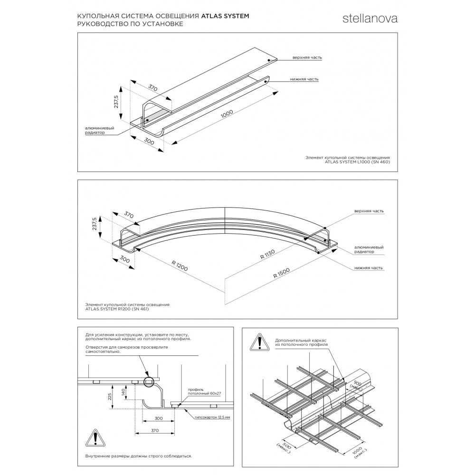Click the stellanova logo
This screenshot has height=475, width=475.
pos(370,19)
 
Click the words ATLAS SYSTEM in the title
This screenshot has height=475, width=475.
pos(225,16)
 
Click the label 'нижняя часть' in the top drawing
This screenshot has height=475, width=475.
pos(304,79)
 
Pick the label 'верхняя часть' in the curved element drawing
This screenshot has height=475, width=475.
pos(369,210)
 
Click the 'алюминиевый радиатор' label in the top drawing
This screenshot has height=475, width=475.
pos(99,131)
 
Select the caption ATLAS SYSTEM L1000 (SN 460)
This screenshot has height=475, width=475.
pos(357,161)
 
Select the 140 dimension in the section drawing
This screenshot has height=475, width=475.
pos(123,392)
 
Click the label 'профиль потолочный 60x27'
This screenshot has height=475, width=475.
pos(204,391)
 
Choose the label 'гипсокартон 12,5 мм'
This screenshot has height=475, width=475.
pos(212,417)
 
